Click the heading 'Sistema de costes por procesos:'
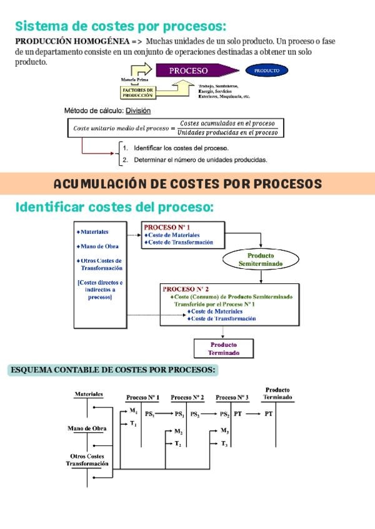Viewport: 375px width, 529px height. pos(120,26)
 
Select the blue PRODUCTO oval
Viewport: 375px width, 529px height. pos(267,70)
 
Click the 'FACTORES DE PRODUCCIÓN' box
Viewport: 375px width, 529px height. pos(137,93)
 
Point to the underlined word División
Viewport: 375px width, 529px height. pos(138,111)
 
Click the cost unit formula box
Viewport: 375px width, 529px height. pos(175,128)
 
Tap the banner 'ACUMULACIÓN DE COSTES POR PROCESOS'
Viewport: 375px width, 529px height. pos(187,184)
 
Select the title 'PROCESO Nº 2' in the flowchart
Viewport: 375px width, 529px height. pos(185,289)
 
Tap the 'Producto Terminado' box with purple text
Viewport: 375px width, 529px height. pos(223,349)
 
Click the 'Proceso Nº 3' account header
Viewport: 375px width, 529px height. pos(232,397)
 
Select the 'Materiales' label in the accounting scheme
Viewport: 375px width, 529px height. pos(89,394)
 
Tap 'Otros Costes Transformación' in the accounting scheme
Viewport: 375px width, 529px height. pos(87,460)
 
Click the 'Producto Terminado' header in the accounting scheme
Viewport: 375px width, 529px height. pos(276,394)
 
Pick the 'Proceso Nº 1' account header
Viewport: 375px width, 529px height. pos(142,397)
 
